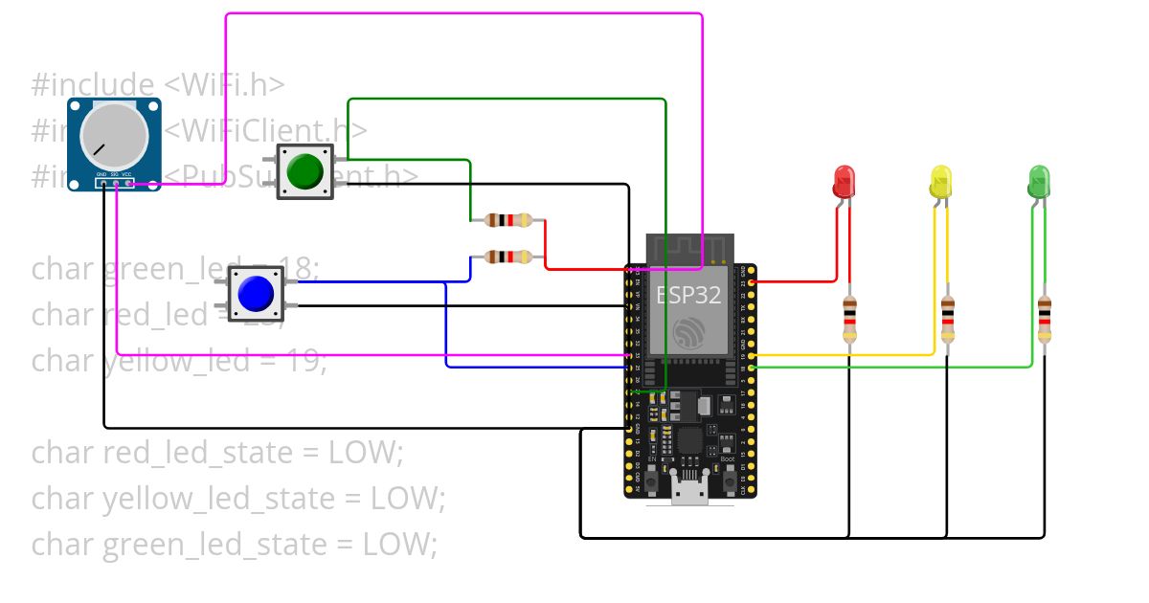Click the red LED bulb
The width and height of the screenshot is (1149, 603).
coord(844,180)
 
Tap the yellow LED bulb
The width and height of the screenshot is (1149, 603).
coord(941,180)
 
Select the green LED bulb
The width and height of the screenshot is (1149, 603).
coord(1039,180)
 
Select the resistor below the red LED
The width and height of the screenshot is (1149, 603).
coord(849,319)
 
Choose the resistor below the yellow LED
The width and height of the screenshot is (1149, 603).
coord(947,319)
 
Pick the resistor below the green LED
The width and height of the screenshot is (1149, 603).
coord(1045,319)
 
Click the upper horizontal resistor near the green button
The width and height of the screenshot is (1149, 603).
coord(507,221)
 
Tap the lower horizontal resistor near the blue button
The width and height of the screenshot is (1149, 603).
coord(507,257)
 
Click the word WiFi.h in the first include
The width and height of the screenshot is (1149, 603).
coord(224,84)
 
